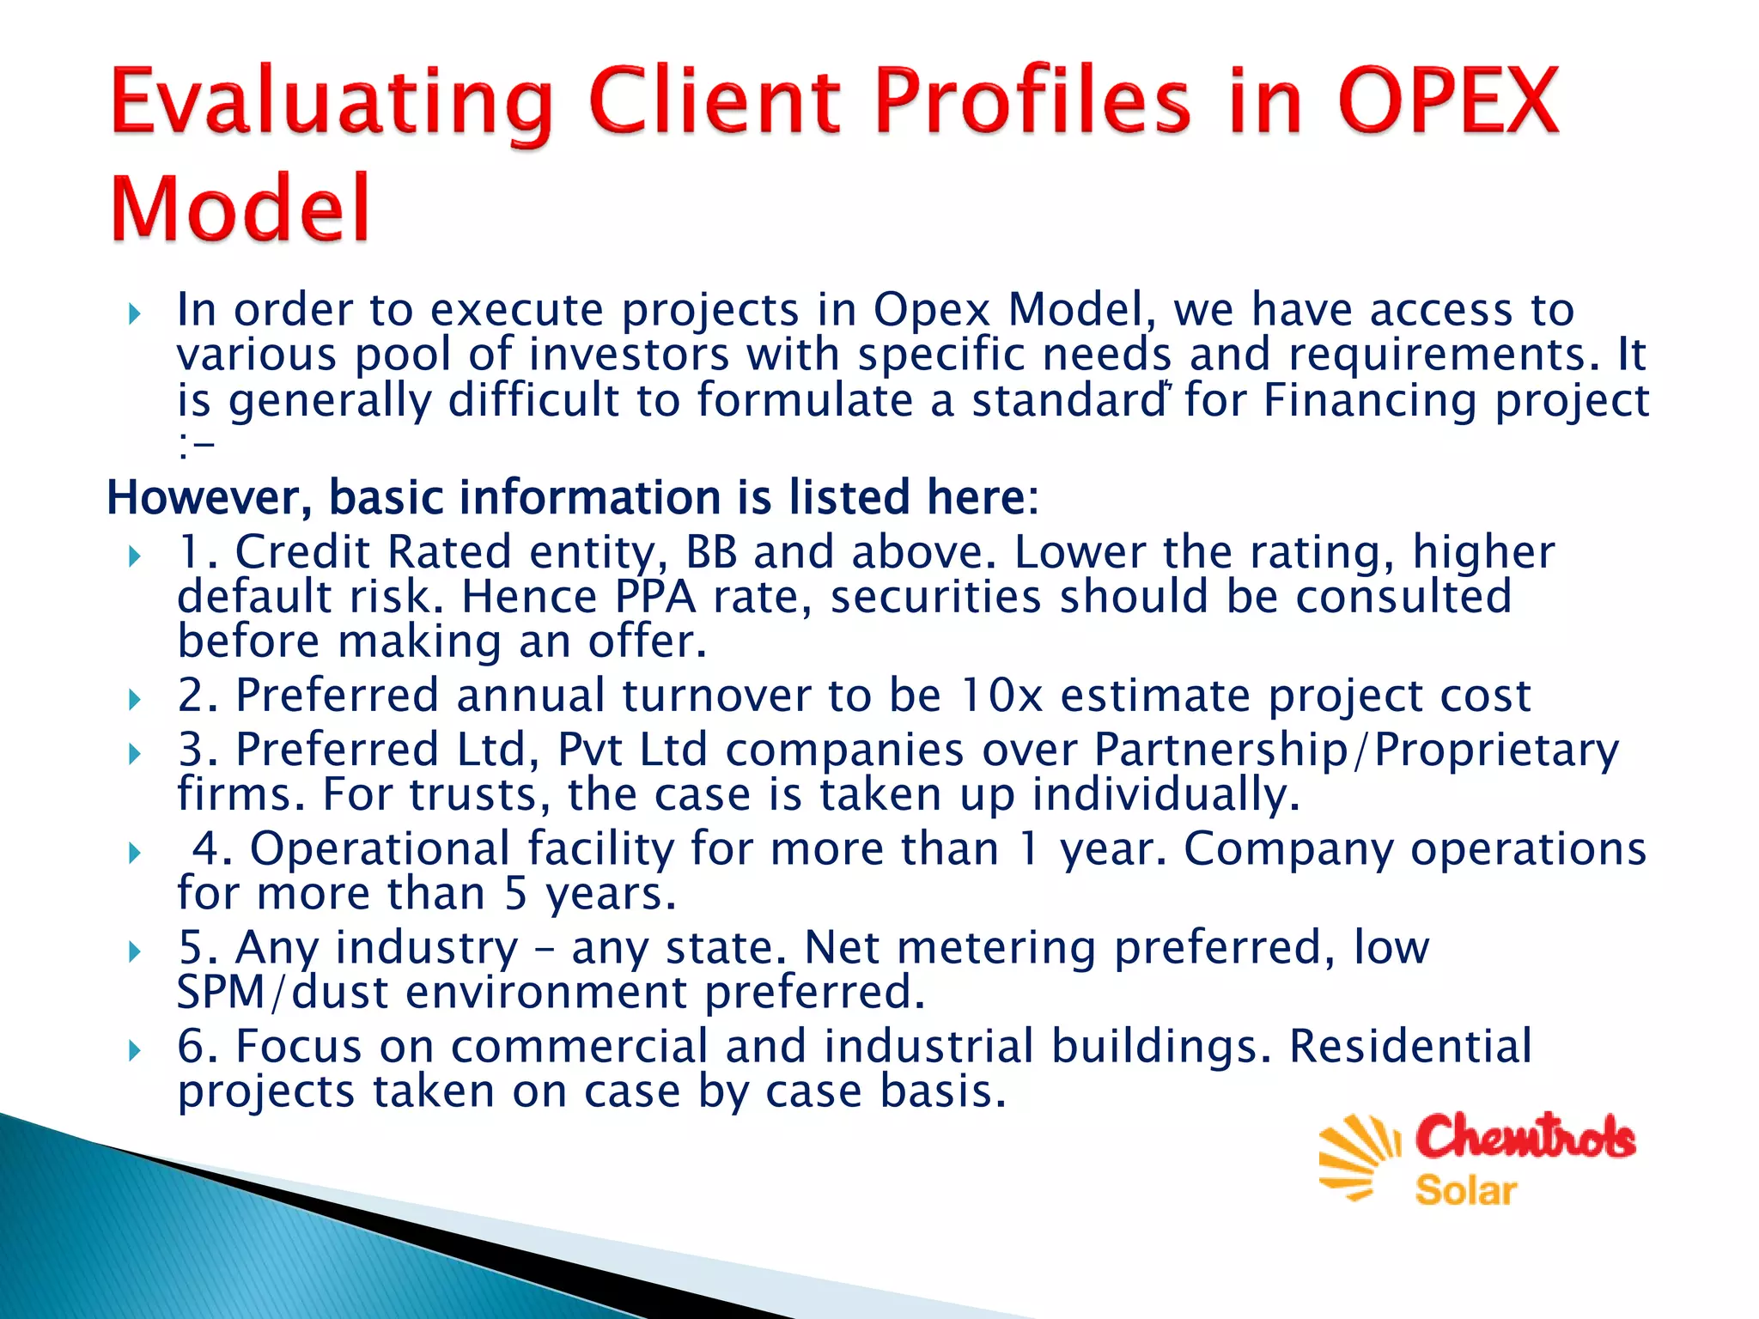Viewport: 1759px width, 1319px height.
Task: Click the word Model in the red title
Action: pos(240,209)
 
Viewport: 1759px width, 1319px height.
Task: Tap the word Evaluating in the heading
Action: pos(332,103)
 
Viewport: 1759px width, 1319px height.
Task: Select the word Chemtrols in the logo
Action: pos(1525,1137)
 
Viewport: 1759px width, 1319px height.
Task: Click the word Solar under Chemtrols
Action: pos(1465,1191)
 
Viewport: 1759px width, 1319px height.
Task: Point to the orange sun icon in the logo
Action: pos(1358,1155)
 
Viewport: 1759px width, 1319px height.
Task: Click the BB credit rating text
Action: pos(711,552)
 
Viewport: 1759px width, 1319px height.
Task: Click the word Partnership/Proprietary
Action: pos(1356,750)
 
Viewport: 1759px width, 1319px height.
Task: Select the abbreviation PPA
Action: pos(654,597)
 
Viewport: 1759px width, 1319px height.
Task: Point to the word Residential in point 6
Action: pos(1410,1047)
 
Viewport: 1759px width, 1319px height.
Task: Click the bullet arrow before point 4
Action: pos(134,854)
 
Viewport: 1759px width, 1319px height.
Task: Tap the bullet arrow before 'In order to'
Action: pos(134,314)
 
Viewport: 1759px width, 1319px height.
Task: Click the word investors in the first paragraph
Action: pos(629,356)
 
